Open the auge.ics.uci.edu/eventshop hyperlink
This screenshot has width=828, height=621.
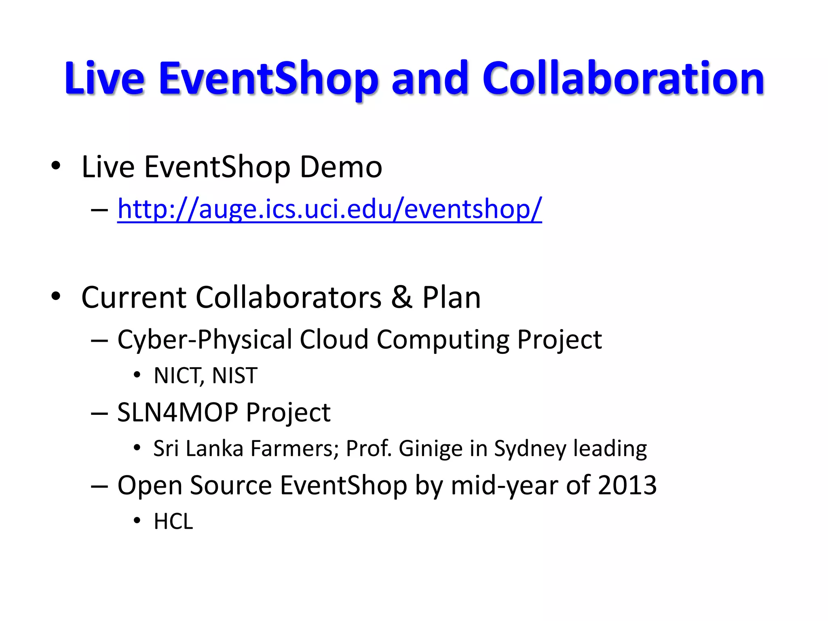[x=330, y=209]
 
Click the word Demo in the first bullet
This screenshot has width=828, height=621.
[x=341, y=167]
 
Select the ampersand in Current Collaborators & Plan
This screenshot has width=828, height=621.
[x=401, y=297]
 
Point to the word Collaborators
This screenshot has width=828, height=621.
[x=288, y=297]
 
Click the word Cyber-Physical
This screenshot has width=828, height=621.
[x=204, y=339]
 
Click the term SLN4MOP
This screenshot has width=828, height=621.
[x=178, y=412]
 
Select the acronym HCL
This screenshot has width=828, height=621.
[x=173, y=522]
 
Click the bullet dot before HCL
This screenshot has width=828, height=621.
[x=137, y=521]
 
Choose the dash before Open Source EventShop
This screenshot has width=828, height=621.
[x=99, y=486]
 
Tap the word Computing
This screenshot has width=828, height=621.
[x=443, y=339]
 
